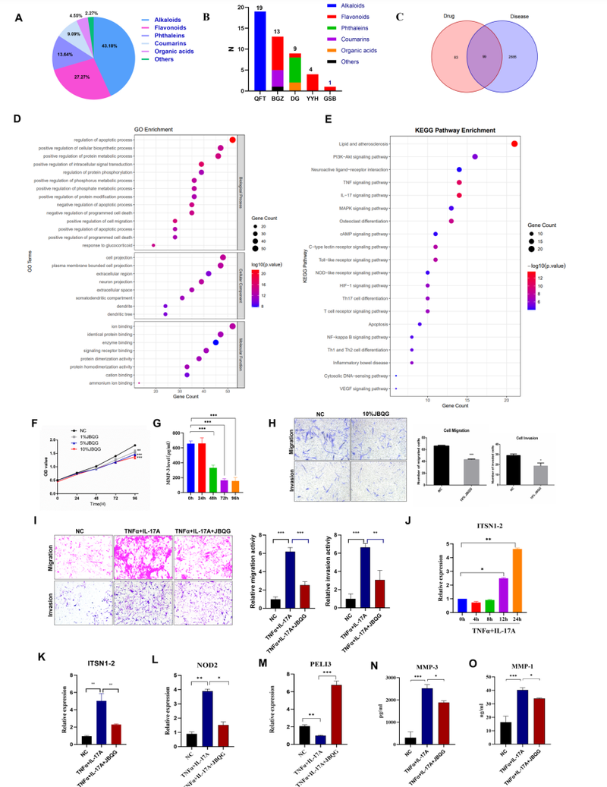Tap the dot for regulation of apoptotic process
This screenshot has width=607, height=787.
pos(232,139)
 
